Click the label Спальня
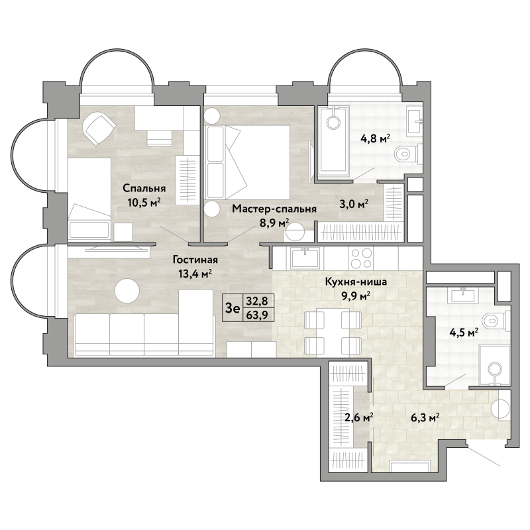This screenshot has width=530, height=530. (144, 188)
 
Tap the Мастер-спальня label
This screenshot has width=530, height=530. (274, 209)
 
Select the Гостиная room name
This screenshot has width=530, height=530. (195, 260)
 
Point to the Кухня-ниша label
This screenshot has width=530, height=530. (356, 282)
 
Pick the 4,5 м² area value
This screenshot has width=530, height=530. (463, 333)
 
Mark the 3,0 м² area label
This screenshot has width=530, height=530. (354, 204)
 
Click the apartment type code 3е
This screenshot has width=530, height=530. (233, 308)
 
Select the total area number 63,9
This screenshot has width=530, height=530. (257, 315)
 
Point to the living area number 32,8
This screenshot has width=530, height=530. (257, 300)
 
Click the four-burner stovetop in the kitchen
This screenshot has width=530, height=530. (361, 258)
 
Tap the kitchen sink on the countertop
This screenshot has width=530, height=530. (305, 258)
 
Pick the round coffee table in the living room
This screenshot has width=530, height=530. (127, 291)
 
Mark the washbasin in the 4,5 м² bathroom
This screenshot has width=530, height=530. (462, 295)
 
